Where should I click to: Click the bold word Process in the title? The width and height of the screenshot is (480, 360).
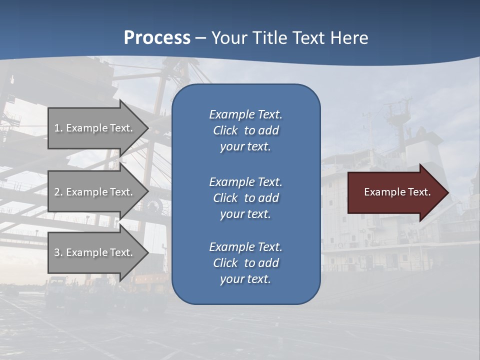point(157,38)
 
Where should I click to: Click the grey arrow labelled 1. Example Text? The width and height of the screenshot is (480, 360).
point(95,128)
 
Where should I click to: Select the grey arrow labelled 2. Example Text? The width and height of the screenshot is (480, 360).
point(95,192)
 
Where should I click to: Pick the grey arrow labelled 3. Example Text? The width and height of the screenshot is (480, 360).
point(95,252)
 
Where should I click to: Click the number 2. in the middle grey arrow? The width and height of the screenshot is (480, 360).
point(58,192)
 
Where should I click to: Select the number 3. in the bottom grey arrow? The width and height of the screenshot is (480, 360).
point(58,252)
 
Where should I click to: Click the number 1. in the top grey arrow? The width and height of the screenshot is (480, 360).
point(58,128)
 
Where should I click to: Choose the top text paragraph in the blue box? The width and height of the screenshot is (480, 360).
point(245,130)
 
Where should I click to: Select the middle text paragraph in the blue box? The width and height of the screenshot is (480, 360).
point(245,198)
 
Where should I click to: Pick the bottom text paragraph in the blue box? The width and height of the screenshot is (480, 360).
point(245,263)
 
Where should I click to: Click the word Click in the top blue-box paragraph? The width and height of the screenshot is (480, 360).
point(225,130)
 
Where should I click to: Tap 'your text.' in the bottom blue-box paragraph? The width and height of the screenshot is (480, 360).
point(245,279)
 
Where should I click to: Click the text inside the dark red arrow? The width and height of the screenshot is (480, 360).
point(397,192)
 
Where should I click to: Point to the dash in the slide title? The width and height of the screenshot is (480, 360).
point(200,38)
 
